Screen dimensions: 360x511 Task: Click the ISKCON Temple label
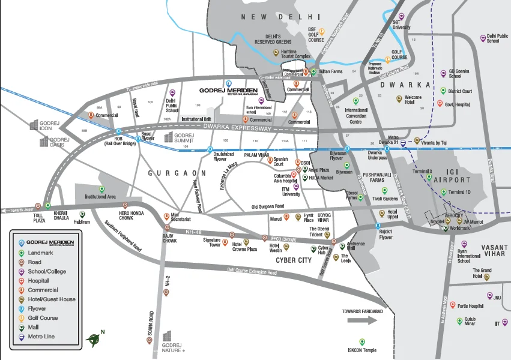click(x=361, y=350)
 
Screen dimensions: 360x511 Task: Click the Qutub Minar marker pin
click(x=460, y=321)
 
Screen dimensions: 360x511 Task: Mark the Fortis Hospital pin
click(x=453, y=305)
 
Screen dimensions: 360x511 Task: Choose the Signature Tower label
click(x=211, y=242)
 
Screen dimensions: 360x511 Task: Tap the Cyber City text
click(x=294, y=260)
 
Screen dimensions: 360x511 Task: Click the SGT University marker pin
click(x=402, y=16)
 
